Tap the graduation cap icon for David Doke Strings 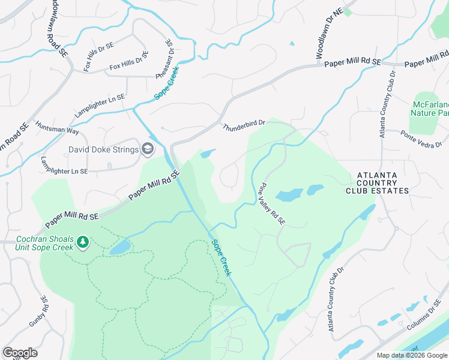point(148,149)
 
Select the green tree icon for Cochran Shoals point(82,243)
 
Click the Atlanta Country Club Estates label point(377,183)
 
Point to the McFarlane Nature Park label point(430,108)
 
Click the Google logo point(20,352)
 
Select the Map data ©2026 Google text point(412,355)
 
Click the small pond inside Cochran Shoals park point(120,247)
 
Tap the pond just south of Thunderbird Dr point(207,154)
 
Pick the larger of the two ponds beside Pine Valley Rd point(289,196)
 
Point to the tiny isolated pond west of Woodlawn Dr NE point(292,43)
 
